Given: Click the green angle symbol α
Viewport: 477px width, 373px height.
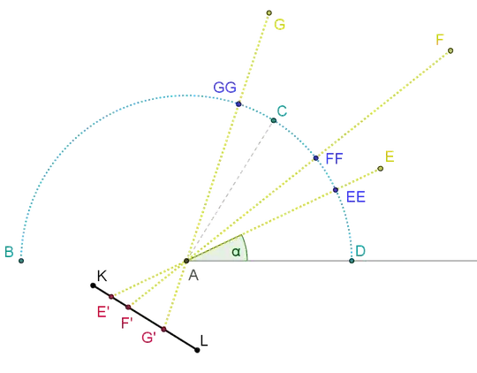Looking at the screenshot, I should point(235,250).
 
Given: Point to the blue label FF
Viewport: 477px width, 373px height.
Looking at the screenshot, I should point(334,158).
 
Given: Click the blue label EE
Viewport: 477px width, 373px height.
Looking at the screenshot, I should point(356,197).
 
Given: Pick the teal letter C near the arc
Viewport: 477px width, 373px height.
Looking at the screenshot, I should point(283,110).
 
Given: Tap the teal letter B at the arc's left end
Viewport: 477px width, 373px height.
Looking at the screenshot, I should point(8,253).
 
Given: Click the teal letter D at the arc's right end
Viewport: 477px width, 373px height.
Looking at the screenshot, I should point(360,252).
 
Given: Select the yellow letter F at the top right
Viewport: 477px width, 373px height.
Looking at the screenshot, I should point(439,39).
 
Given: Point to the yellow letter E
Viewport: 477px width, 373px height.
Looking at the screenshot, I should point(387,156).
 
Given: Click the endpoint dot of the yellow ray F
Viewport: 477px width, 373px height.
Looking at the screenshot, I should point(451,50).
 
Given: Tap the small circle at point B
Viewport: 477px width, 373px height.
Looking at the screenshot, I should point(21,261).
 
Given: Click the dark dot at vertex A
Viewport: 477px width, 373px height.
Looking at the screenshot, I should point(186,260).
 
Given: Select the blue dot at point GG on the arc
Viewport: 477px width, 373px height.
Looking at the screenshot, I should point(238,103).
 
